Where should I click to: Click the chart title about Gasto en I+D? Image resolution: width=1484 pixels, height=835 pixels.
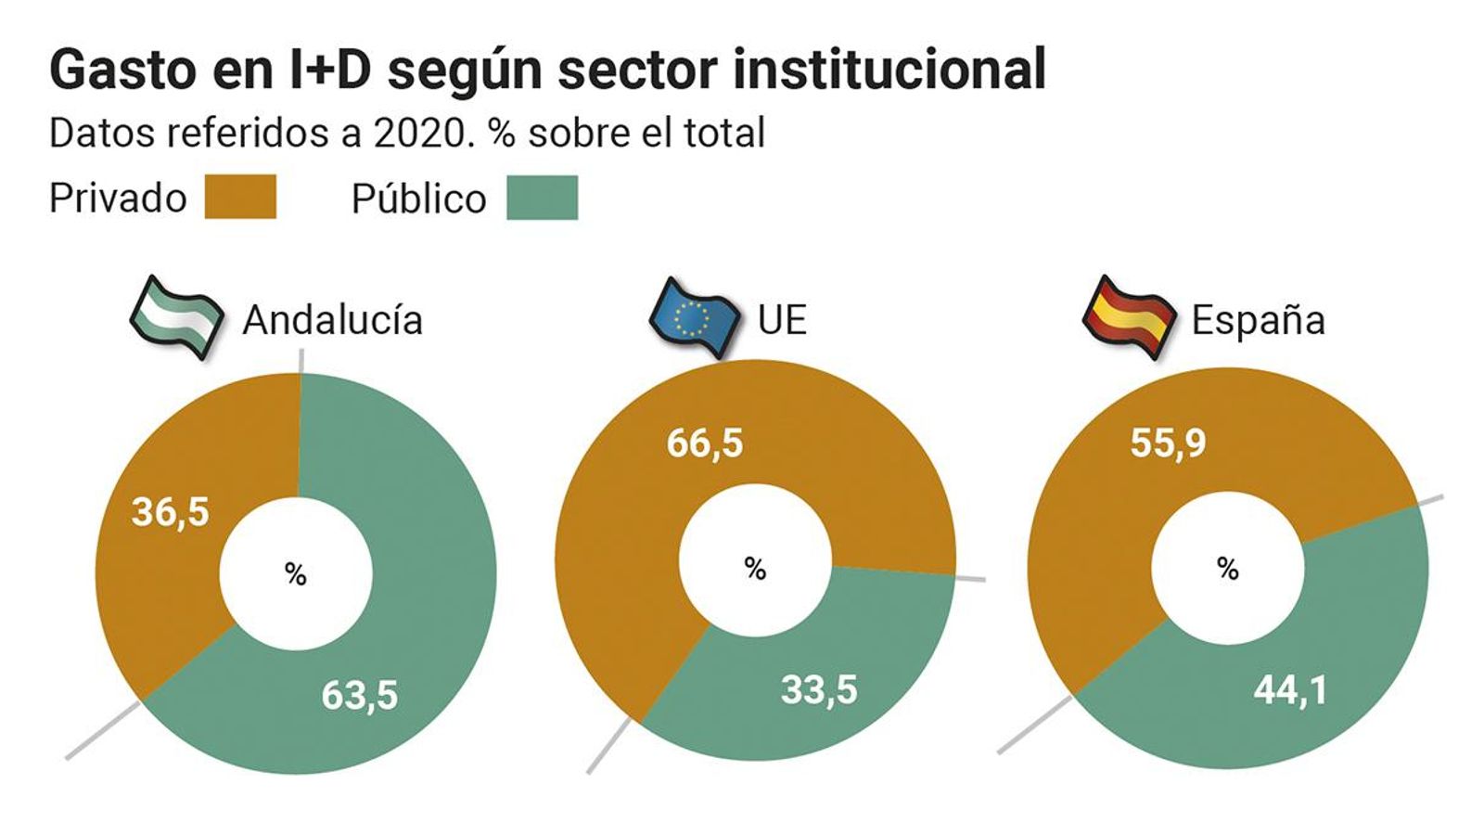click(547, 70)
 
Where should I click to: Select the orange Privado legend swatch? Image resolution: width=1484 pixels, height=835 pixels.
click(240, 198)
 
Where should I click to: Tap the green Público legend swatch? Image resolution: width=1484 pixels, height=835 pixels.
click(543, 198)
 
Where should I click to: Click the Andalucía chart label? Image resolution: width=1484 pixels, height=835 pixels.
click(332, 320)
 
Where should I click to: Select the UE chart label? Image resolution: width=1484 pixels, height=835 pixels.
click(782, 320)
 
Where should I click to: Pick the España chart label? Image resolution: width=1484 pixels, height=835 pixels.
click(1258, 320)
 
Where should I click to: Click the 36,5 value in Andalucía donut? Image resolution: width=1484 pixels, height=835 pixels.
click(171, 512)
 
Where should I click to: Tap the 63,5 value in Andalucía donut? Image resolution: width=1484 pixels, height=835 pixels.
click(359, 695)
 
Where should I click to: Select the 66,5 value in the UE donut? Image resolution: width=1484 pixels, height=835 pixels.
click(705, 443)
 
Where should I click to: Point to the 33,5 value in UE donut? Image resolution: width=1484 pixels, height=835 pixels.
click(819, 689)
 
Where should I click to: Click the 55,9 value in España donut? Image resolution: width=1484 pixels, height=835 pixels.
click(1168, 443)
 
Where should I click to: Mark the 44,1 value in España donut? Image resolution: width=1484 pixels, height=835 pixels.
click(1290, 689)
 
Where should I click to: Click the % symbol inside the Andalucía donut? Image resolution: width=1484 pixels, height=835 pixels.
click(296, 574)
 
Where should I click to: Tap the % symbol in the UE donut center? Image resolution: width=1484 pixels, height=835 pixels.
click(755, 568)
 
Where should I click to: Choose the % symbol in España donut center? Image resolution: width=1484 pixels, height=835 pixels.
click(1228, 568)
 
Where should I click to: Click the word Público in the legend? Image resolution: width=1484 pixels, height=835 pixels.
click(418, 199)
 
